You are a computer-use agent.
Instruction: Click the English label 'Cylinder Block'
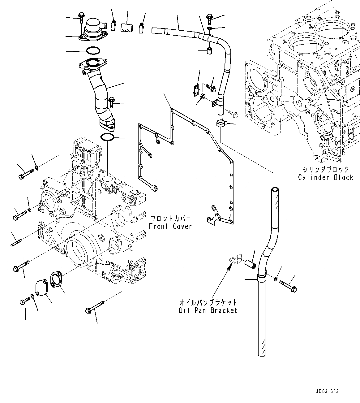tap(325, 178)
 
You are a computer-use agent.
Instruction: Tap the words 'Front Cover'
tap(170, 226)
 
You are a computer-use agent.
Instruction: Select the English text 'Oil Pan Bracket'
tap(208, 310)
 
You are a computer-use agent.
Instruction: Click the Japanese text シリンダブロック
tap(326, 169)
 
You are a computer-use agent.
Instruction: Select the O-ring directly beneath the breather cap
tap(93, 50)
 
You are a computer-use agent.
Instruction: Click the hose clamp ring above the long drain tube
tap(222, 124)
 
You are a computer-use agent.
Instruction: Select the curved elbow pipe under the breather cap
tap(101, 99)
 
